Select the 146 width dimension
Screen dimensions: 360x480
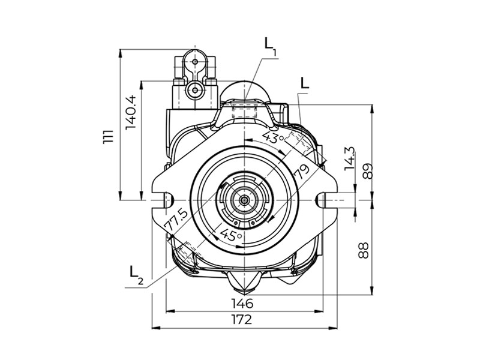point(241,302)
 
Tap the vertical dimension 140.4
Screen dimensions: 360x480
point(131,112)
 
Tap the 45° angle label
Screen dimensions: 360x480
point(231,235)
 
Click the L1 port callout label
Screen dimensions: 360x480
point(270,45)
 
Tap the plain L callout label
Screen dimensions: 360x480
point(305,83)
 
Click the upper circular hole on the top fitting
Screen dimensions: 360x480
point(195,61)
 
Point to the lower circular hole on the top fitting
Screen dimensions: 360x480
point(193,90)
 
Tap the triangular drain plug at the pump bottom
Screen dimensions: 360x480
point(244,279)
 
